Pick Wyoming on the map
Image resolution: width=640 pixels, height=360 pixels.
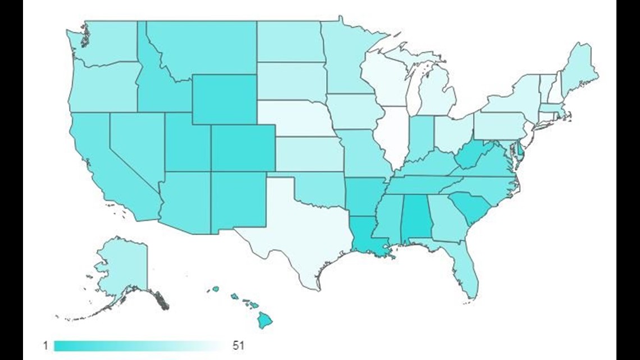click(x=224, y=99)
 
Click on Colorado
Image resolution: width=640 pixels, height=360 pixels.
click(x=243, y=147)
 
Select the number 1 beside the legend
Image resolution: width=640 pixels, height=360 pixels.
click(x=45, y=345)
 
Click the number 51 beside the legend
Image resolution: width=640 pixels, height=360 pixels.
click(x=238, y=345)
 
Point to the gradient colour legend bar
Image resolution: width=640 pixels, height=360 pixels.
click(x=138, y=345)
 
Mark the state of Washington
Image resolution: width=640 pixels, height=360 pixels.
click(x=109, y=42)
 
